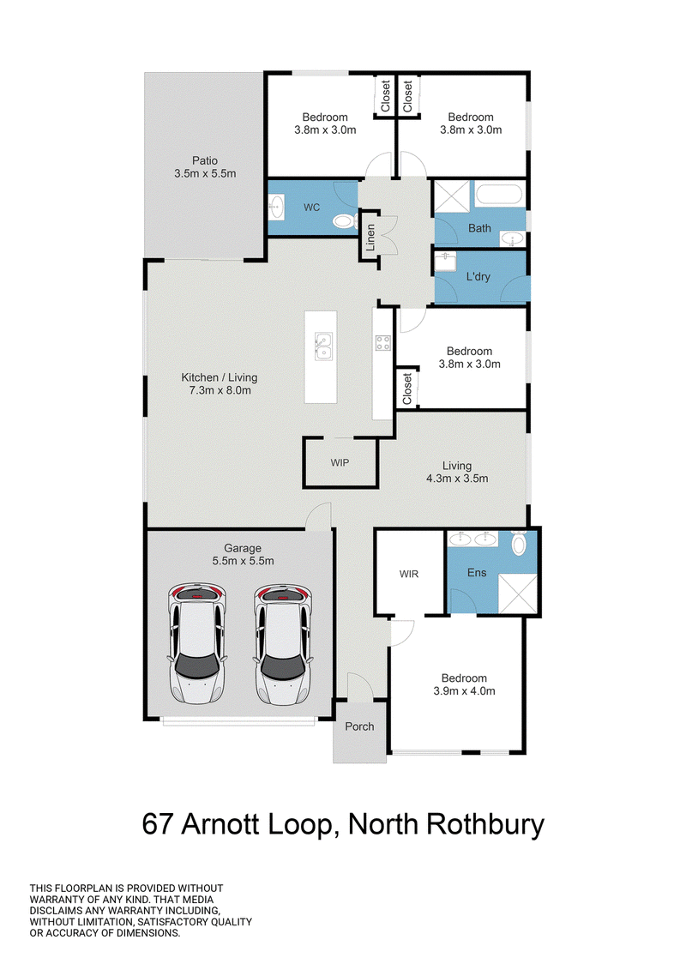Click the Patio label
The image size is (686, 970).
(x=204, y=161)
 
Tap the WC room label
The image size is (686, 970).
(x=312, y=208)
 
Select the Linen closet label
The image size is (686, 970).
(x=370, y=237)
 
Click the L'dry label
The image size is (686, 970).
(x=478, y=276)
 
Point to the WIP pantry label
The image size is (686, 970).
(x=340, y=463)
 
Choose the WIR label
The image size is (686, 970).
(x=409, y=574)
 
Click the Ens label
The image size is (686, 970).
(x=477, y=573)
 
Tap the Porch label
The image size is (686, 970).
(x=359, y=726)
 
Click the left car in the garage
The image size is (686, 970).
(x=197, y=643)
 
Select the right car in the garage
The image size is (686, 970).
(x=283, y=645)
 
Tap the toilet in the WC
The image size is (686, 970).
(x=343, y=221)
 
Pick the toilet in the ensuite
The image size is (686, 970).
(x=519, y=543)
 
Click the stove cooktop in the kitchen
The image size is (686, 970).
(x=383, y=343)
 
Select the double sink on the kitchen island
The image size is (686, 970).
(x=322, y=346)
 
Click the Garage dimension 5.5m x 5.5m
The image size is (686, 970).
(x=243, y=561)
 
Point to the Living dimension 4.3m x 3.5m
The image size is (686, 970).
(x=457, y=479)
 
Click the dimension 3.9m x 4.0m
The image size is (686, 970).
(x=465, y=691)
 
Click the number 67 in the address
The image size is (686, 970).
(x=158, y=824)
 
